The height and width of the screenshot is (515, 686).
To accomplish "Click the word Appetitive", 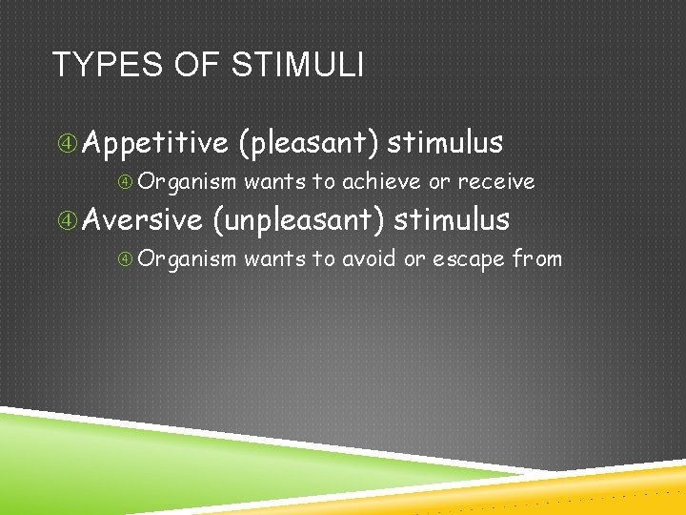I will tap(155, 143).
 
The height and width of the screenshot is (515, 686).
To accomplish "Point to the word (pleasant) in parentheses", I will tap(309, 143).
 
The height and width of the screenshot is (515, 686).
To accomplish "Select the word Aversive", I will tap(143, 220).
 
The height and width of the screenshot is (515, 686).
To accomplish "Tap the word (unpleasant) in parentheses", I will tap(297, 221).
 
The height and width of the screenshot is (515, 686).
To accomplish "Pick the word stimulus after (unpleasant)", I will tap(452, 220).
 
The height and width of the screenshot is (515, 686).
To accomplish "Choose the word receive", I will tap(496, 181).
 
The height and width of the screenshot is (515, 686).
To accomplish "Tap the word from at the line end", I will tap(537, 258).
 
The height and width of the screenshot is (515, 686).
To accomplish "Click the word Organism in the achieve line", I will tap(192, 182).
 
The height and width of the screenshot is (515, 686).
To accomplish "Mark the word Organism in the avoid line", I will tap(192, 259).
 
